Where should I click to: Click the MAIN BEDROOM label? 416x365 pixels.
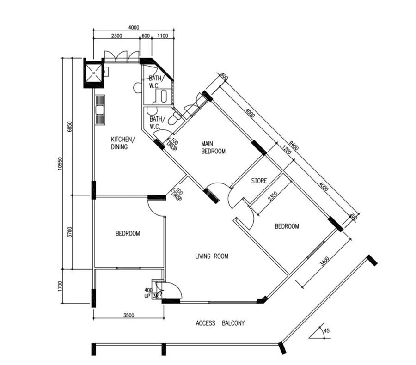pos(213,147)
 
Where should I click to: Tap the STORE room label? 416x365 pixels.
pos(259,181)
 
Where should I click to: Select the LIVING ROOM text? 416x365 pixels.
pos(212,256)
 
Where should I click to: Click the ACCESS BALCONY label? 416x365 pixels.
pos(220,323)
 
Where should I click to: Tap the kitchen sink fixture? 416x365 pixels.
pos(100,109)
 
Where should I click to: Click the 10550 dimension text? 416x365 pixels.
pos(60,164)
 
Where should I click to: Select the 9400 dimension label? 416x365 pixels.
pos(294,146)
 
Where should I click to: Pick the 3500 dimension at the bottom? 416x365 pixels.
pos(128,316)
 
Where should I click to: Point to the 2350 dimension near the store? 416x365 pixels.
pos(273,196)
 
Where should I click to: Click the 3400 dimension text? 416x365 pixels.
pos(324,261)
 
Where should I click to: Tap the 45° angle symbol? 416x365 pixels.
pos(320,332)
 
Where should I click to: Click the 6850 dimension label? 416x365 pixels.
pos(70,127)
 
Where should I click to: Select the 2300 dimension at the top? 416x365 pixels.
pos(116,36)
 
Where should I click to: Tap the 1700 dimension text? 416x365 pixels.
pos(60,286)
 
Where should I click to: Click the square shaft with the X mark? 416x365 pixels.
pos(93,73)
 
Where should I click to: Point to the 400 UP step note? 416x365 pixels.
pos(148,293)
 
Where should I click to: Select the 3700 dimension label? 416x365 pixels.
pos(70,232)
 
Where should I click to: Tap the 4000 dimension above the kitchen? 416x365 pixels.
pos(134,28)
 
